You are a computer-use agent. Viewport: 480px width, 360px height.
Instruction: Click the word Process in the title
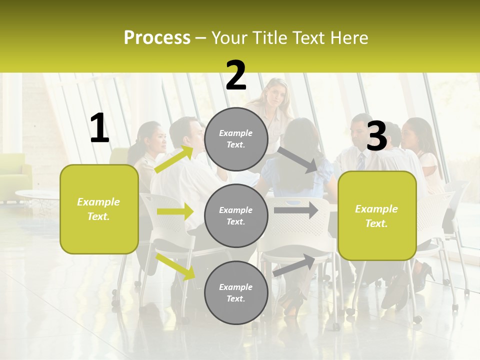[157, 38]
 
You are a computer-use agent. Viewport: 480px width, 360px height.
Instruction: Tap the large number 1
[99, 128]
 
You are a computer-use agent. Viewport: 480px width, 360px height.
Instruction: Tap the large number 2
[236, 75]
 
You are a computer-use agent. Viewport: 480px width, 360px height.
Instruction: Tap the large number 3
[376, 136]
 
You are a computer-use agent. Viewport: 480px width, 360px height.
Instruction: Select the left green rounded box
[99, 209]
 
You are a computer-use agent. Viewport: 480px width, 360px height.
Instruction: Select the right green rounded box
[377, 215]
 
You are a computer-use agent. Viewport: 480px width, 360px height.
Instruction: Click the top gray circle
[236, 139]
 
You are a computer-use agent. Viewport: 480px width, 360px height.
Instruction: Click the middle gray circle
[236, 215]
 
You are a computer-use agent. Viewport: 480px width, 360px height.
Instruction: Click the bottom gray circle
[236, 292]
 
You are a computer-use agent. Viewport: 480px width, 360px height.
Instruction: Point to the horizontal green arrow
[175, 211]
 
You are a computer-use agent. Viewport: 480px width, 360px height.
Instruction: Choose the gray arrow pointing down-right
[297, 159]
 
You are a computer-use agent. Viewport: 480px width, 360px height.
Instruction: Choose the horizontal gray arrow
[296, 210]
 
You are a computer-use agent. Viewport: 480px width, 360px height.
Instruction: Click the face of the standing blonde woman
[276, 93]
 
